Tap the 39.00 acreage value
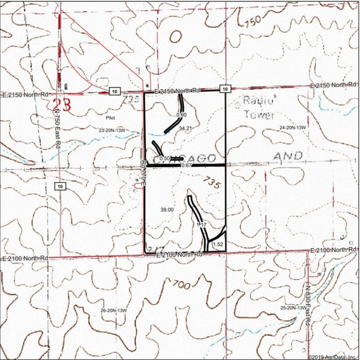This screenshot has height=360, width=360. [166, 210]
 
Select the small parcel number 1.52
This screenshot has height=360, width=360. [217, 244]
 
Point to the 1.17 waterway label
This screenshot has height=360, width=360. [202, 225]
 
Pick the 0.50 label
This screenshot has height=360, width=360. [165, 159]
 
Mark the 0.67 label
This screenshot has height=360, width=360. [187, 165]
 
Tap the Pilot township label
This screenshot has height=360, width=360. [111, 118]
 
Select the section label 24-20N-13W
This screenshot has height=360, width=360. [292, 127]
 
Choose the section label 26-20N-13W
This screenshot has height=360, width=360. [114, 310]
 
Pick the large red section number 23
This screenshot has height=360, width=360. [64, 104]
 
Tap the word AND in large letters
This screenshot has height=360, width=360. [287, 155]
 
